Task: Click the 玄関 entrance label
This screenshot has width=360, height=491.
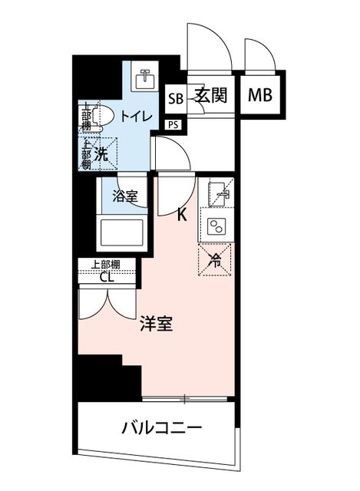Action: coord(211,94)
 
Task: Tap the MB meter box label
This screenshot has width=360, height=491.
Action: coord(259,95)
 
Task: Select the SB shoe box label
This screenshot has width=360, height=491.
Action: coord(176,99)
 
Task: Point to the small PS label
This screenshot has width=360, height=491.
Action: coord(173,125)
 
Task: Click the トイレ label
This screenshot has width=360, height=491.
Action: coord(137,117)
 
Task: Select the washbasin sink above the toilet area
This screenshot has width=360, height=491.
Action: coord(144,80)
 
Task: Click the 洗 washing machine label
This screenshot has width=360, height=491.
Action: coord(101,154)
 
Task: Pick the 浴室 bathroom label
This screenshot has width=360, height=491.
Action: coord(124,196)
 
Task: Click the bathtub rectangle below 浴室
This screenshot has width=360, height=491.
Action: coord(121,232)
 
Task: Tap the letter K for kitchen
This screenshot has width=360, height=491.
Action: coord(182,215)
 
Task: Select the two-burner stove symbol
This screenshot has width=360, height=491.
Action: coord(216,226)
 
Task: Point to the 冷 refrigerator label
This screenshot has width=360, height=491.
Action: coord(215,259)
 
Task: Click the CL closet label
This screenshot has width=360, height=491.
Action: coord(107,277)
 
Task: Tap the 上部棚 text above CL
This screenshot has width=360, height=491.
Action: coord(105,265)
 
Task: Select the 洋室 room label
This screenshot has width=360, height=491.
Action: coord(157,324)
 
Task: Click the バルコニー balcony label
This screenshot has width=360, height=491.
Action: coord(161,427)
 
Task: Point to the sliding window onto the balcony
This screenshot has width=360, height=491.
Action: coord(184,399)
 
